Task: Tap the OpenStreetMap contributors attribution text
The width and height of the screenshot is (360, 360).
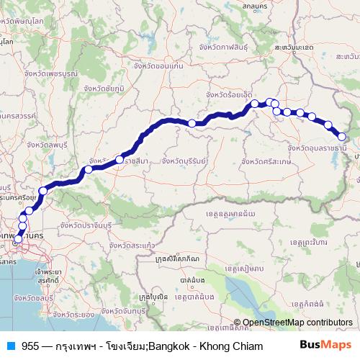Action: (x=297, y=322)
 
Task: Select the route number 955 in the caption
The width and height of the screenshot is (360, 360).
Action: (x=30, y=346)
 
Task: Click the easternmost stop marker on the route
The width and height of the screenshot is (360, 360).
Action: (x=342, y=137)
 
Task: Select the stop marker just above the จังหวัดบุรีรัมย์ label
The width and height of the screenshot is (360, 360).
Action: (x=192, y=124)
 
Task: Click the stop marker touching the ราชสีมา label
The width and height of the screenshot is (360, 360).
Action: (x=120, y=160)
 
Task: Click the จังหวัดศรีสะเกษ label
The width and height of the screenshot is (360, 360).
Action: (x=266, y=162)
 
